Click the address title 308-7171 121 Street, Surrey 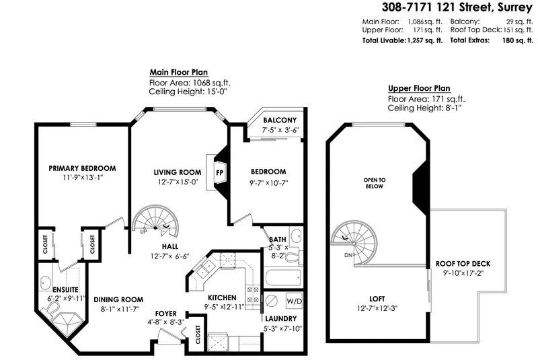click(449, 7)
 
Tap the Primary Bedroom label click(83, 168)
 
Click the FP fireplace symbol click(219, 172)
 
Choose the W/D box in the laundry click(294, 300)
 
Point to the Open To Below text click(375, 184)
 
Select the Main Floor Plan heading click(178, 73)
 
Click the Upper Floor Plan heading click(419, 89)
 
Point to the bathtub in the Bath click(277, 277)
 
